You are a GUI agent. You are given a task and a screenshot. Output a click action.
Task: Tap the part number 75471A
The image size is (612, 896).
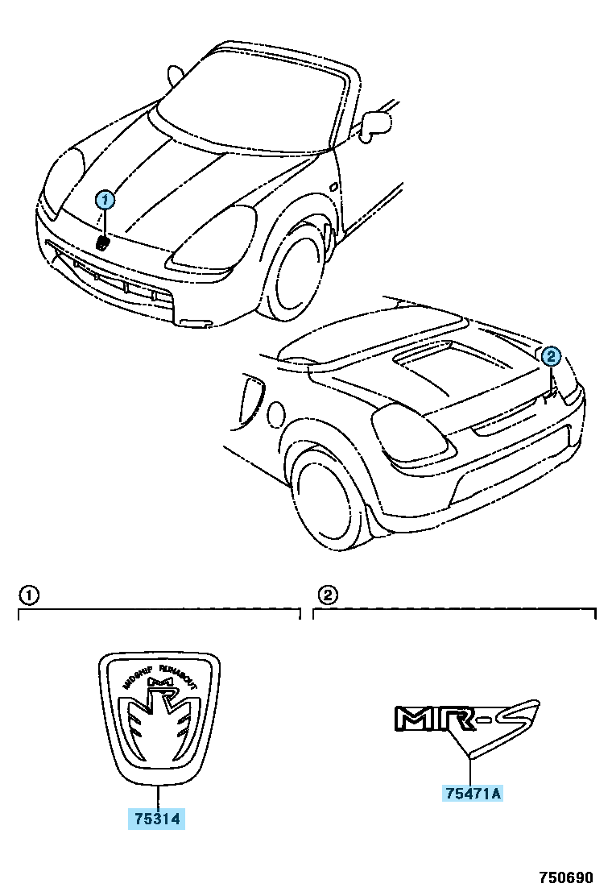473,794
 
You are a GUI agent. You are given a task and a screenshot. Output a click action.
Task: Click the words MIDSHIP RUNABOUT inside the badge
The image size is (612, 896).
159,674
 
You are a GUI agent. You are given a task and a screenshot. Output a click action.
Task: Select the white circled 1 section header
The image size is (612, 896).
28,595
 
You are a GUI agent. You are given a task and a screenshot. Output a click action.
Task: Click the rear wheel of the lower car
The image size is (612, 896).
330,500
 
